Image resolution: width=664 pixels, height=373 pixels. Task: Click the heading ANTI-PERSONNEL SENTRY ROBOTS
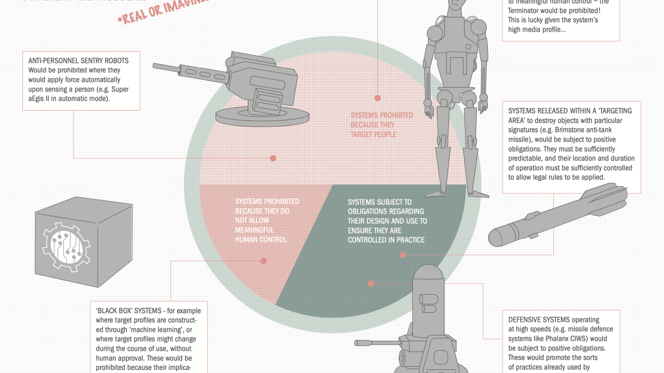tap(78, 61)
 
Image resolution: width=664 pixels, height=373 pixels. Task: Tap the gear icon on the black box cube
tap(66, 247)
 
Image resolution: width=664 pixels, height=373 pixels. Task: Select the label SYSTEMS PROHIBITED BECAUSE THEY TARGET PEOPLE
tap(381, 125)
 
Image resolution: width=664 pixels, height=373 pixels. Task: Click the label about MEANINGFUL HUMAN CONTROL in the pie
tap(267, 220)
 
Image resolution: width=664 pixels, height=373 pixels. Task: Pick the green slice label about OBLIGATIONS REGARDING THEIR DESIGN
tap(387, 221)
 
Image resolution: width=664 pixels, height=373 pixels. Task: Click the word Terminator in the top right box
tap(525, 11)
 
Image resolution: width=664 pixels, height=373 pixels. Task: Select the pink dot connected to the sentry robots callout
tap(273, 158)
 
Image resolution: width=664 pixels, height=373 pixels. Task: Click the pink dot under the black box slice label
tap(264, 261)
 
